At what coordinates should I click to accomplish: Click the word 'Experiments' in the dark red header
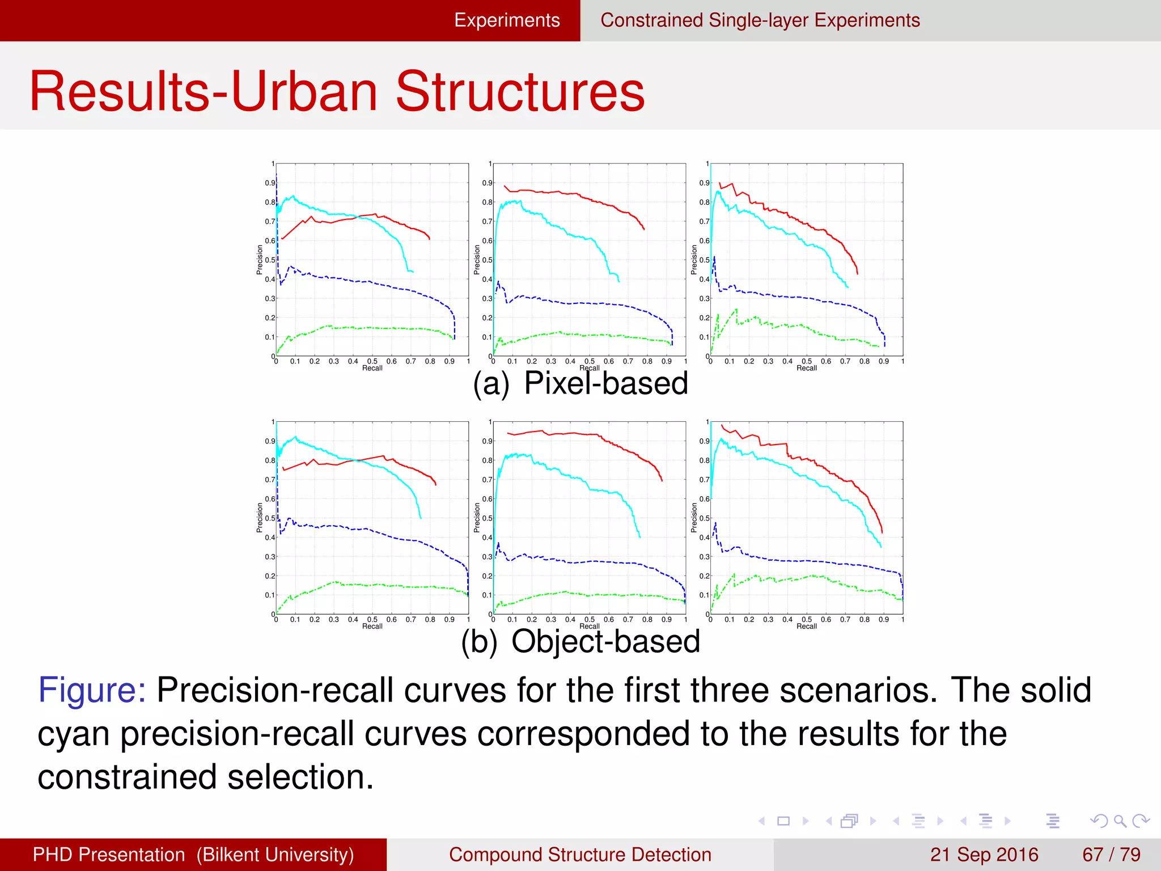[x=507, y=20]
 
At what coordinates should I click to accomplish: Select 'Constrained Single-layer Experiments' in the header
[x=760, y=20]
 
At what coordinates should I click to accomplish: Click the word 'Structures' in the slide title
[x=520, y=92]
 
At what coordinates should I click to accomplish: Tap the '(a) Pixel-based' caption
[x=580, y=383]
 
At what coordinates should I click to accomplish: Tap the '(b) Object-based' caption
[x=580, y=641]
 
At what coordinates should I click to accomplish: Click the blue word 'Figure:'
[x=92, y=690]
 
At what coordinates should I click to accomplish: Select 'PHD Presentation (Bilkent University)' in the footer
[x=193, y=855]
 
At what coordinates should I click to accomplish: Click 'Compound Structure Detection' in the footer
[x=580, y=855]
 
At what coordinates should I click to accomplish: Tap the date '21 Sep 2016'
[x=984, y=855]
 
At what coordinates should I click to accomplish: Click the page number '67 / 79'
[x=1111, y=855]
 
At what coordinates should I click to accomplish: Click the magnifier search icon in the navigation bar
[x=1120, y=821]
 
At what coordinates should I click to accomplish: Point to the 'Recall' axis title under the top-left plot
[x=372, y=368]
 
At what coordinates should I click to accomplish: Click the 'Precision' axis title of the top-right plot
[x=694, y=260]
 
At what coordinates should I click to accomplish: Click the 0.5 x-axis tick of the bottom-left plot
[x=372, y=619]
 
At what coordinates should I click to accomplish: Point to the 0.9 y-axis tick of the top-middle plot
[x=486, y=183]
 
